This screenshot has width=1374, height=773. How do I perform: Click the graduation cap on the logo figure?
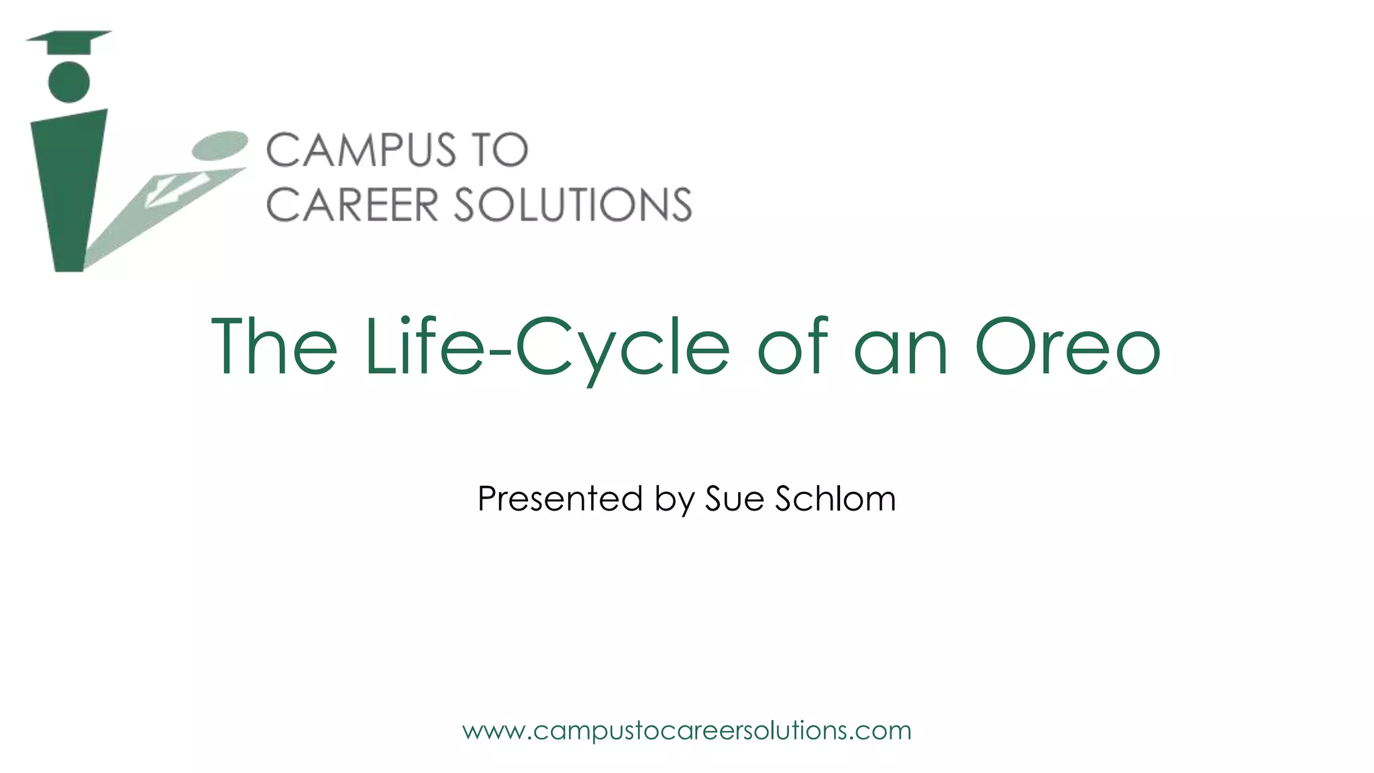tap(68, 41)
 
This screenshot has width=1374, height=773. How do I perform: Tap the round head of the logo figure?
tap(69, 82)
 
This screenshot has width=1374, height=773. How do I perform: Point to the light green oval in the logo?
tap(220, 145)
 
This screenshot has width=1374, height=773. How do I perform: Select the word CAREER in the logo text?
tap(352, 205)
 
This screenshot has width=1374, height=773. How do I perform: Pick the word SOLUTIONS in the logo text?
tap(573, 205)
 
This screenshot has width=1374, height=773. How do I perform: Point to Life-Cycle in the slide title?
tap(547, 348)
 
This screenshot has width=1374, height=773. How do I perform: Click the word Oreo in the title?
tap(1067, 348)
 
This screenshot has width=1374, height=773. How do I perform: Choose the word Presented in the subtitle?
tap(560, 499)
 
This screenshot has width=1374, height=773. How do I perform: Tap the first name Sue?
tap(735, 499)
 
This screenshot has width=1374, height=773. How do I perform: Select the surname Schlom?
tap(835, 499)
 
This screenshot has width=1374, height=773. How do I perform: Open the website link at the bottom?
tap(687, 731)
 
